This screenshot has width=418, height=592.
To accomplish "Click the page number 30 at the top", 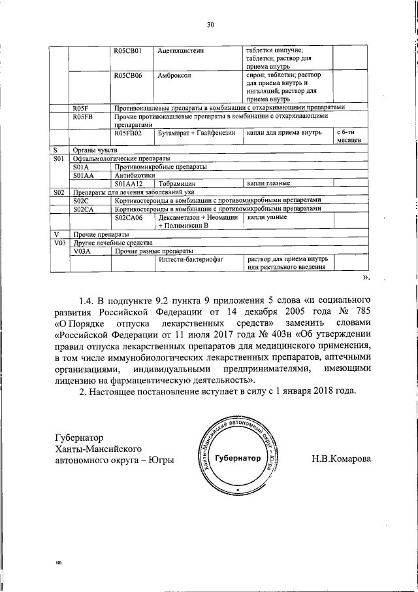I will tap(210, 26).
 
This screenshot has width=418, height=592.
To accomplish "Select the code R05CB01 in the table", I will tap(128, 50).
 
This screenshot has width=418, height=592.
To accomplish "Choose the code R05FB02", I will tap(128, 133).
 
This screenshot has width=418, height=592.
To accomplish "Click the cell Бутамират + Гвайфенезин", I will tap(196, 133).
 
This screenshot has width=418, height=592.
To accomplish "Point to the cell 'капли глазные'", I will tap(268, 184).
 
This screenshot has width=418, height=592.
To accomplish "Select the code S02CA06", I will tap(128, 217).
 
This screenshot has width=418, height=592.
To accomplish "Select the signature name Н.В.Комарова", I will tap(341, 459).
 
